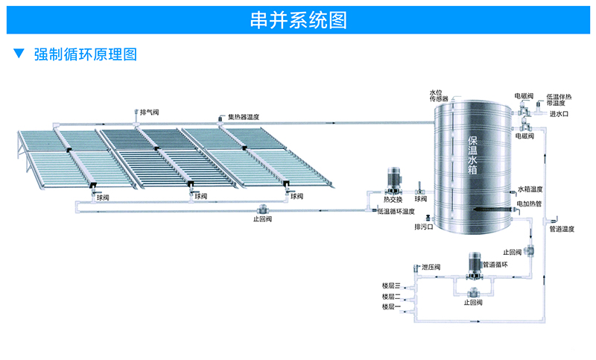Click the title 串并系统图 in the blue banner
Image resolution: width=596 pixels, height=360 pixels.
[x=298, y=20]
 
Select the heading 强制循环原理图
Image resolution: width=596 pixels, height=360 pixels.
[x=86, y=54]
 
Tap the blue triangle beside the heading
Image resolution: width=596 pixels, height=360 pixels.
[x=19, y=54]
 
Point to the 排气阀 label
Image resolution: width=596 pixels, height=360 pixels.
[x=150, y=112]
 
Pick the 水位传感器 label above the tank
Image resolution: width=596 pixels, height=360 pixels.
[x=438, y=96]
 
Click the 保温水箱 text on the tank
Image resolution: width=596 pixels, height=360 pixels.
[x=475, y=156]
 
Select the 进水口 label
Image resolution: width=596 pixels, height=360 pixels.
[x=559, y=114]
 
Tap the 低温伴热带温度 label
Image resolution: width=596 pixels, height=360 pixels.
[x=559, y=100]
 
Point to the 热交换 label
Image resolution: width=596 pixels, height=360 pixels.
[x=393, y=199]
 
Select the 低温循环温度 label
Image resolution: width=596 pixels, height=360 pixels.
[x=396, y=212]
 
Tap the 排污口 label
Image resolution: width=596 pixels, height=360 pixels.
[x=424, y=226]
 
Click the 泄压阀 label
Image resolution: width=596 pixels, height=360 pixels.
[x=431, y=267]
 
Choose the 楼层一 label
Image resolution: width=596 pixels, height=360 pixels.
[x=391, y=306]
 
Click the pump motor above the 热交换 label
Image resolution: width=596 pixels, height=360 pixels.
[x=393, y=180]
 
